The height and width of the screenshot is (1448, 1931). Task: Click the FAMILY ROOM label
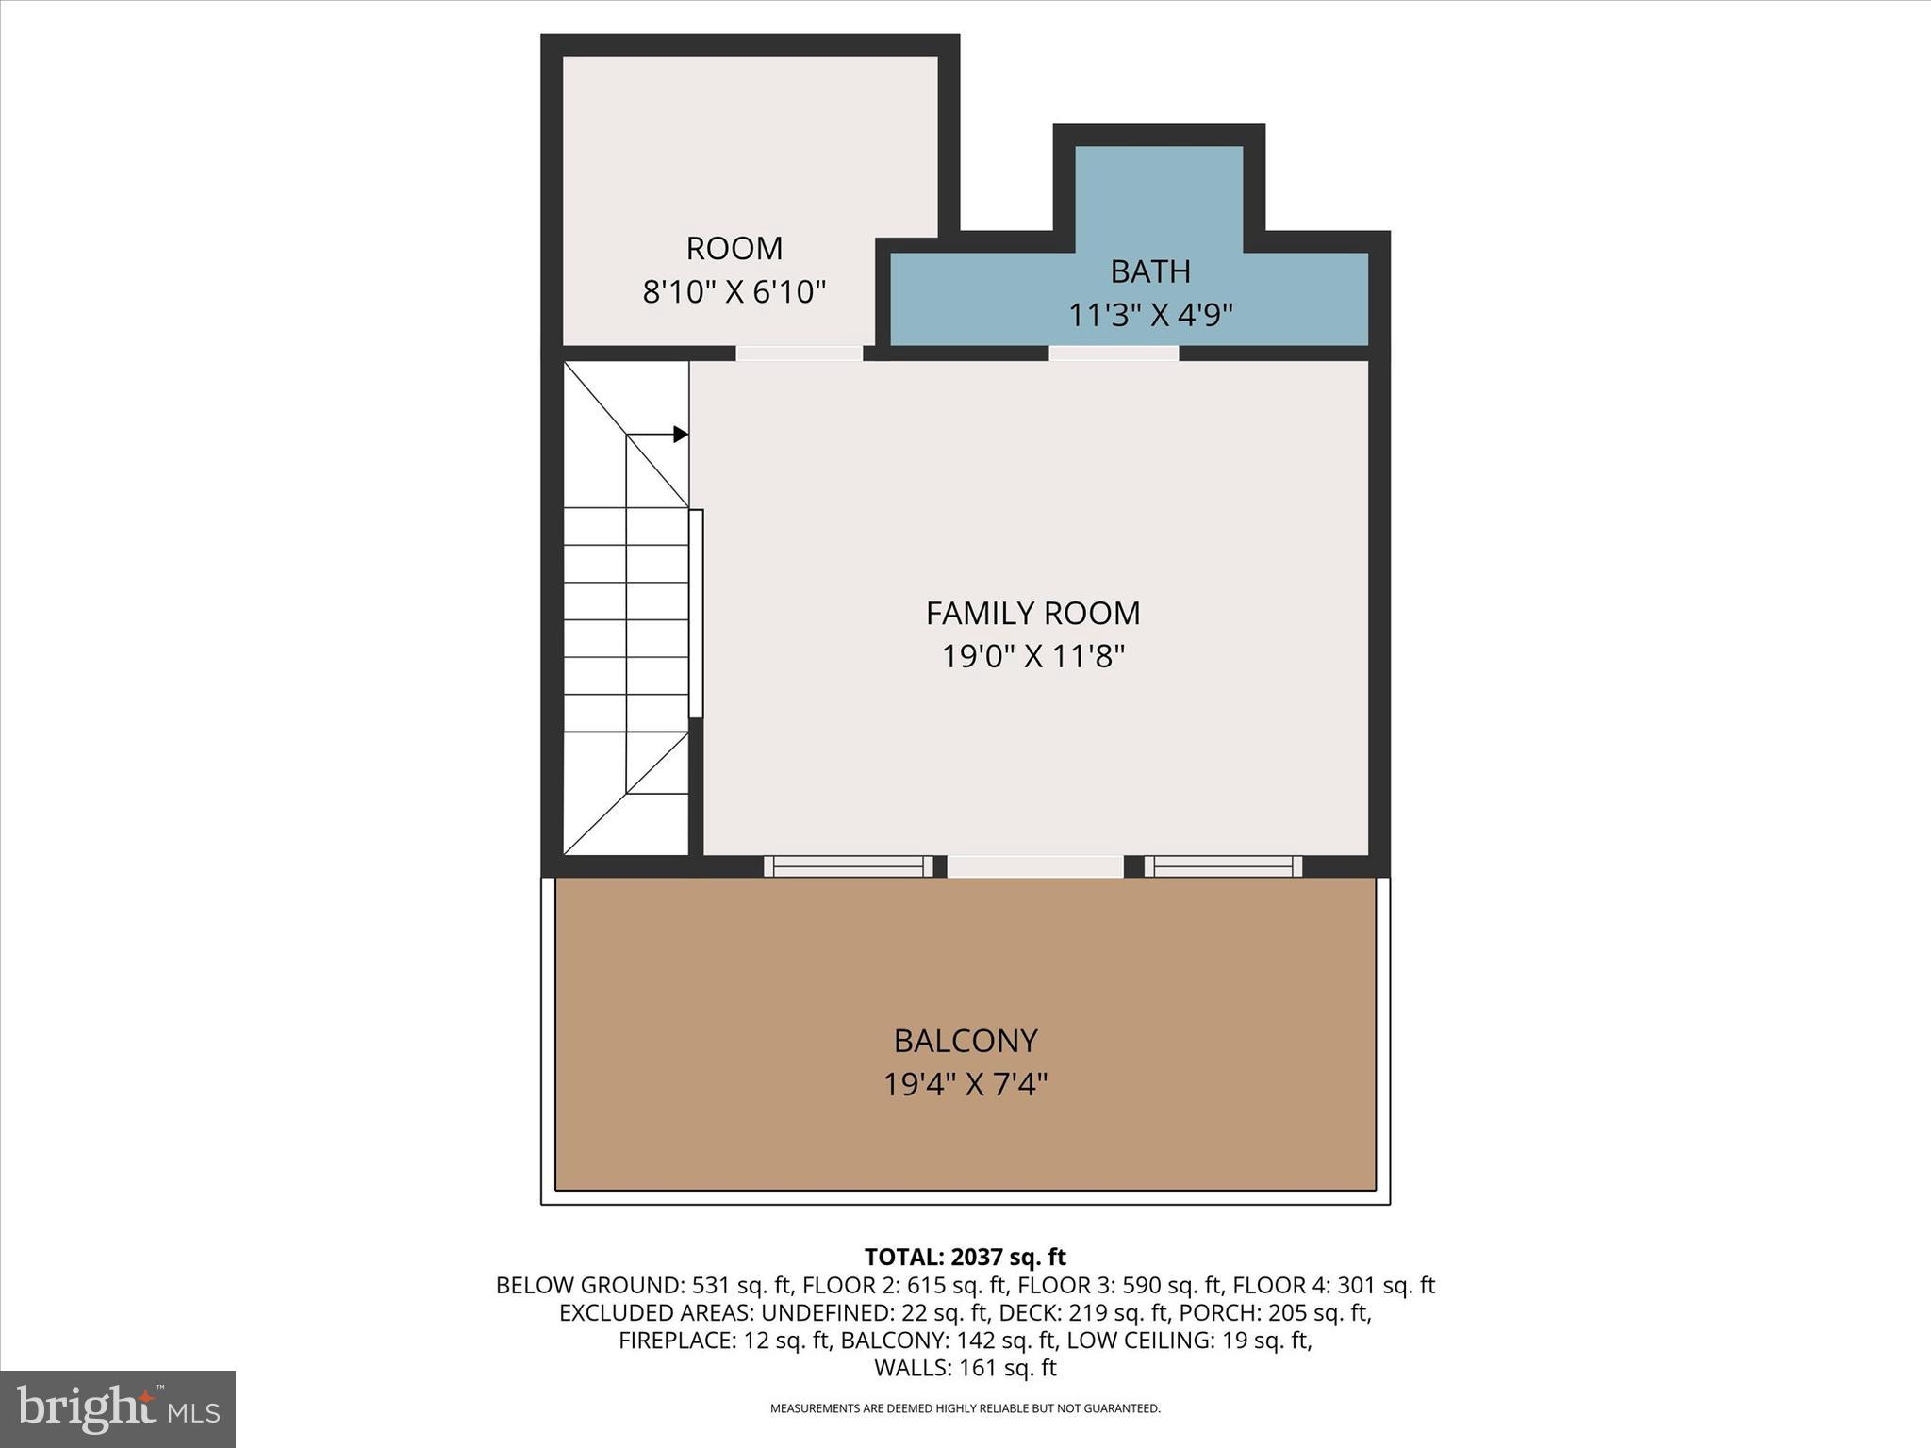[x=1032, y=614]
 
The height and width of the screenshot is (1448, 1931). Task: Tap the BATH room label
[x=1149, y=271]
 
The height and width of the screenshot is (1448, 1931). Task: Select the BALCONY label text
[x=965, y=1041]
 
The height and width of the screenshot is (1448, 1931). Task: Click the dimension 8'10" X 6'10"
[x=734, y=292]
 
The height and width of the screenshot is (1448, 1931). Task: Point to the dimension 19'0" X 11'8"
[x=1032, y=656]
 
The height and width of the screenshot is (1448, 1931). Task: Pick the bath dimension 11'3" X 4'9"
[x=1149, y=315]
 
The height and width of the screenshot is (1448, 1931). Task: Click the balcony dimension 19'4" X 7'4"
[x=965, y=1085]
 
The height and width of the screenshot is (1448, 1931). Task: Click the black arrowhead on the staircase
[x=680, y=435]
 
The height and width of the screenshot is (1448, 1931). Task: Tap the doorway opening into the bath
[x=1114, y=354]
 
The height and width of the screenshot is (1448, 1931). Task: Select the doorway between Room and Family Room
[x=799, y=354]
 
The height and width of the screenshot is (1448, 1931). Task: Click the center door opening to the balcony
[x=1034, y=866]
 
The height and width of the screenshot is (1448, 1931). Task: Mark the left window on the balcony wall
[x=848, y=866]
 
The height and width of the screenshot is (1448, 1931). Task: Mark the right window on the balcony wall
[x=1223, y=866]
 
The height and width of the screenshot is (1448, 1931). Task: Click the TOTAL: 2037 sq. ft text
[x=965, y=1257]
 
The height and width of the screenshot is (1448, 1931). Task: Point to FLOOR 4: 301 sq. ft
[x=1333, y=1285]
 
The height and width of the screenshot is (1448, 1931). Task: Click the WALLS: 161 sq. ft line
[x=965, y=1368]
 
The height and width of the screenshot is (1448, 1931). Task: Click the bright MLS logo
[x=118, y=1408]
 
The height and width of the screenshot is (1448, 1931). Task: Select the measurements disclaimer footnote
[x=965, y=1408]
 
